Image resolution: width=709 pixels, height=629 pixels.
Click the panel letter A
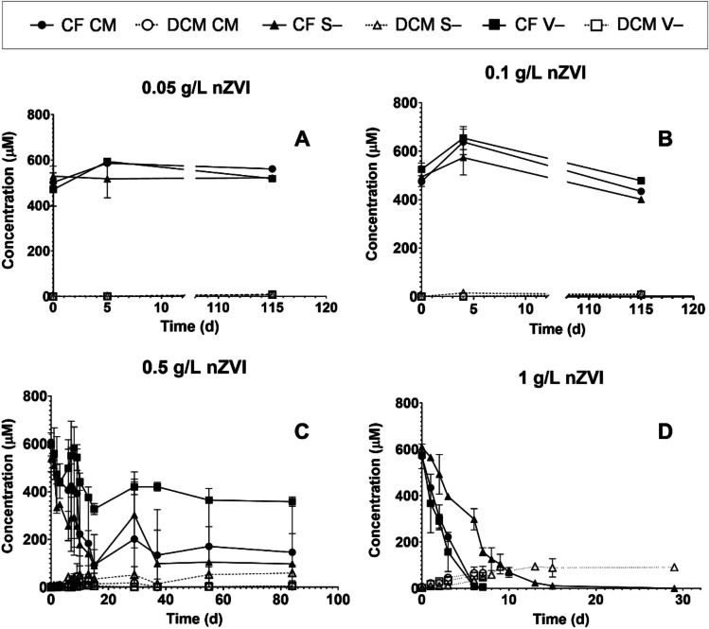tap(302, 139)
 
